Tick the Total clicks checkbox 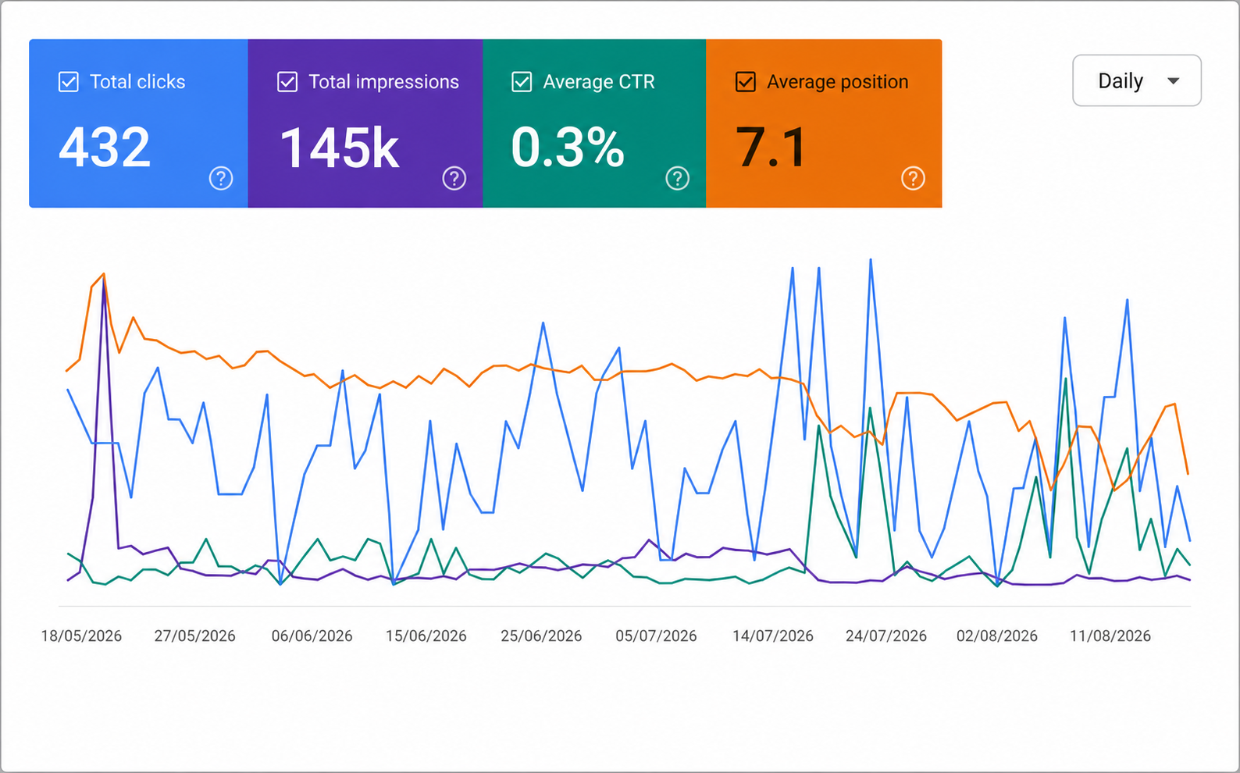pyautogui.click(x=69, y=82)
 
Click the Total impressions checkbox pyautogui.click(x=287, y=82)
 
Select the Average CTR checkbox pyautogui.click(x=522, y=82)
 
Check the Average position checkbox pyautogui.click(x=746, y=82)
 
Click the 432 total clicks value pyautogui.click(x=105, y=147)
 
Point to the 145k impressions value pyautogui.click(x=340, y=148)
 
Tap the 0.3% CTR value pyautogui.click(x=568, y=147)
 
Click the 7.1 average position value pyautogui.click(x=770, y=147)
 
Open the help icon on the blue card pyautogui.click(x=221, y=178)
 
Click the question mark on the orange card pyautogui.click(x=913, y=178)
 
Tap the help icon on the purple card pyautogui.click(x=454, y=178)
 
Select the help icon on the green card pyautogui.click(x=678, y=178)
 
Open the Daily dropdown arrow pyautogui.click(x=1173, y=81)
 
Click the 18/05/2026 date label pyautogui.click(x=81, y=636)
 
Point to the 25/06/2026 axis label pyautogui.click(x=541, y=636)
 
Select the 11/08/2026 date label pyautogui.click(x=1110, y=636)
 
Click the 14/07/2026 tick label pyautogui.click(x=773, y=636)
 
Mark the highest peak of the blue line pyautogui.click(x=871, y=259)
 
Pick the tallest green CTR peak pyautogui.click(x=1066, y=379)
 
